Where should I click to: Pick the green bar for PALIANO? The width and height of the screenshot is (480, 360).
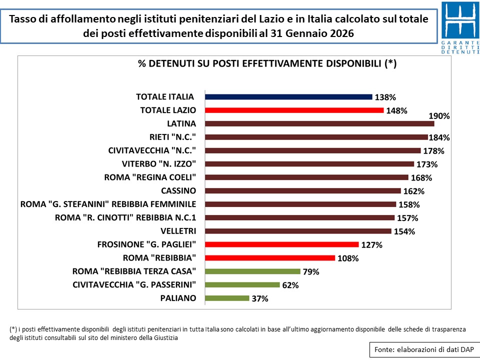[x=227, y=298]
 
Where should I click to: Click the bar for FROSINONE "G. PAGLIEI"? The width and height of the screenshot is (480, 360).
[x=282, y=244]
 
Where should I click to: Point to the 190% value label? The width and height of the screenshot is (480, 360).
[x=439, y=116]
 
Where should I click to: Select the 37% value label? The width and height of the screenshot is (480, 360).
[x=260, y=298]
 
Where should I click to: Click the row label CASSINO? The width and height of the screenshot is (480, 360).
[x=178, y=190]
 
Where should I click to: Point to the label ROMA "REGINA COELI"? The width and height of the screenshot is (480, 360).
[x=149, y=177]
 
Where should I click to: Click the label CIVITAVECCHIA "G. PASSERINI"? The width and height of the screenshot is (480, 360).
[x=134, y=285]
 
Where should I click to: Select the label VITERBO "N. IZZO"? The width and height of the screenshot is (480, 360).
[x=158, y=163]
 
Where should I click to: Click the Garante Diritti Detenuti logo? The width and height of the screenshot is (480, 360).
[x=460, y=27]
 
